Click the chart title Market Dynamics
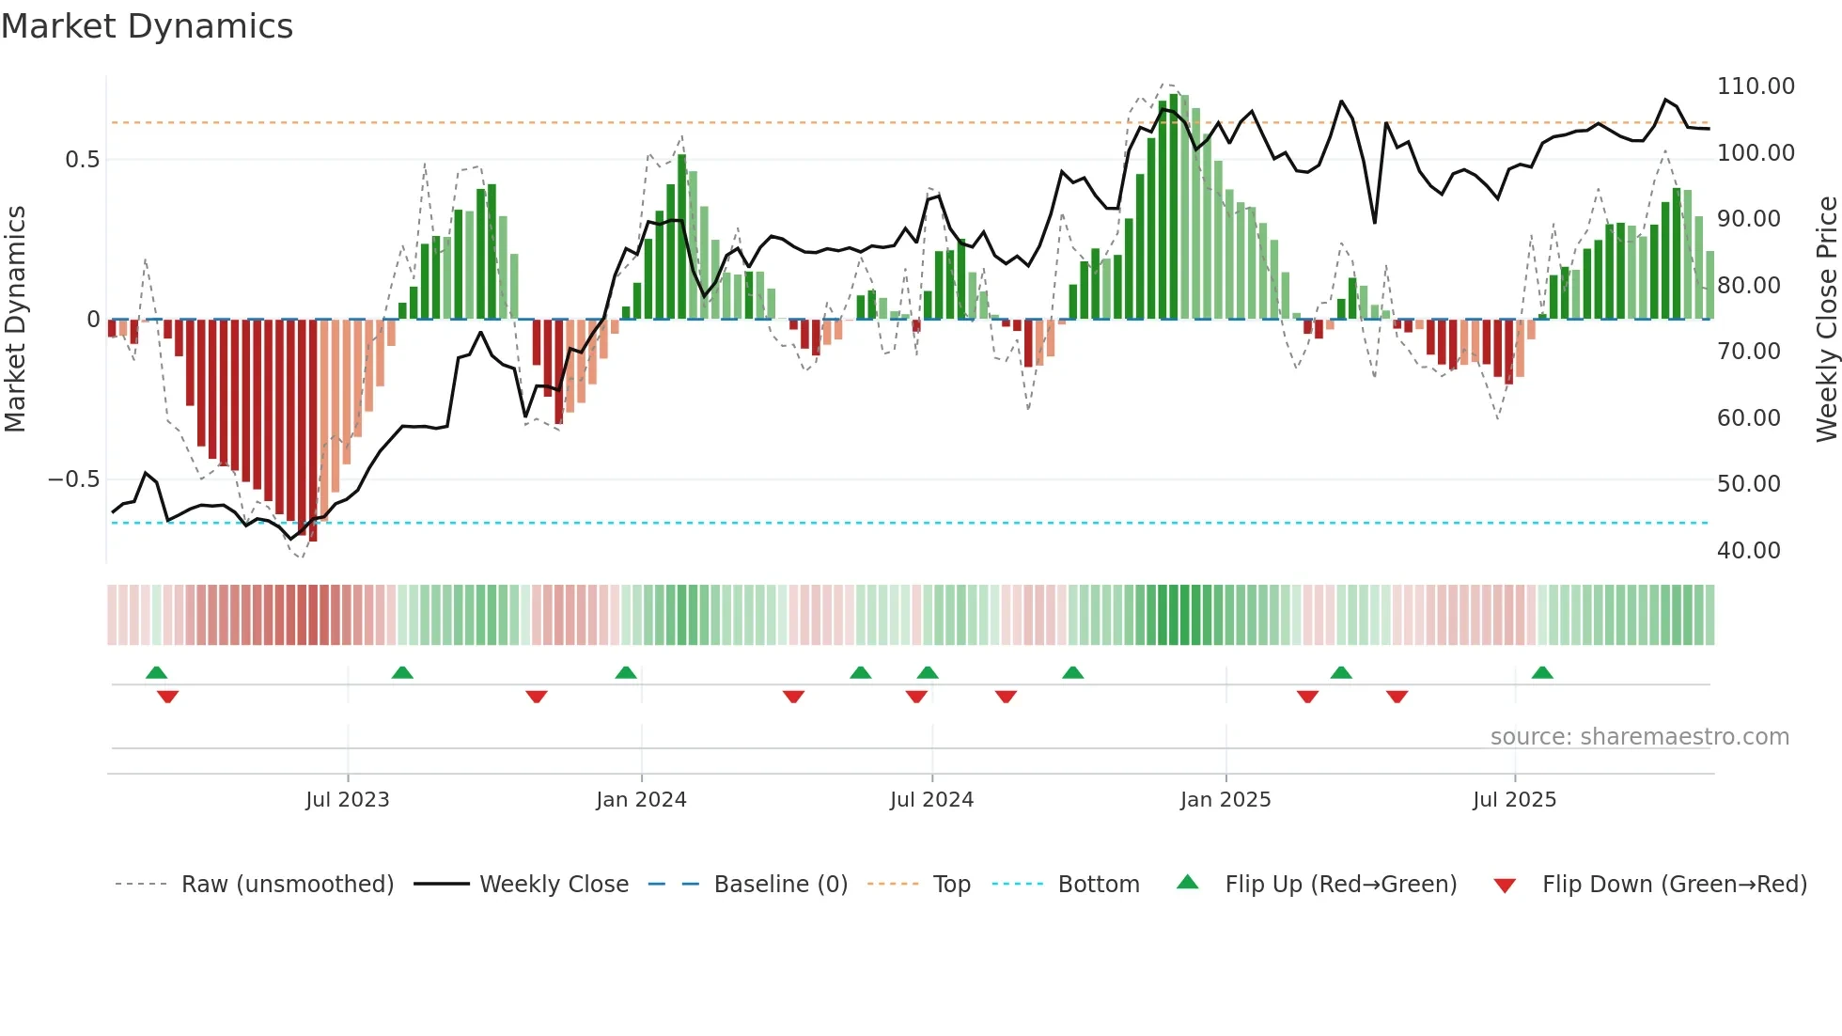(x=148, y=26)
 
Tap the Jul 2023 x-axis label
(x=347, y=800)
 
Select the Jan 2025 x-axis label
(x=1225, y=800)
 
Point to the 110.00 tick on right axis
(x=1755, y=86)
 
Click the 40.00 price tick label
(x=1748, y=550)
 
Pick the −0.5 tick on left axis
(x=74, y=479)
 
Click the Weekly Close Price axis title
(x=1826, y=320)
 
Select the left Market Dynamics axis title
(x=15, y=320)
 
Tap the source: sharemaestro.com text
(x=1639, y=737)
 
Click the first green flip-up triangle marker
(x=157, y=673)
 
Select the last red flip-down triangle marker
(x=1397, y=697)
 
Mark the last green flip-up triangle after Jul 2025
(x=1542, y=673)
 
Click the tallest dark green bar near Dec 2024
(x=1174, y=207)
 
